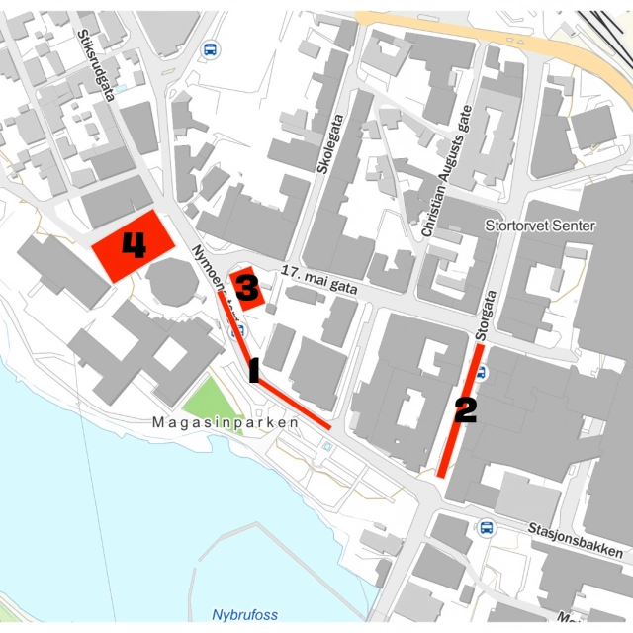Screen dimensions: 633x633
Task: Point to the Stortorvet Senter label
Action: tap(540, 226)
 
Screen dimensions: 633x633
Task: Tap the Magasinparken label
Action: tap(226, 422)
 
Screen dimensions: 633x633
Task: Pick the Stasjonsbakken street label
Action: tap(575, 540)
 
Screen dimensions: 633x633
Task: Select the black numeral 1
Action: tap(253, 371)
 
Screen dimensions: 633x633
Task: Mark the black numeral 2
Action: tap(465, 409)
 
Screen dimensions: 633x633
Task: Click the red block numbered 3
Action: tap(247, 289)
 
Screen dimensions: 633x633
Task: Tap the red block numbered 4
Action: tap(133, 245)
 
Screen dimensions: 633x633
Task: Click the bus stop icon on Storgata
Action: tap(481, 373)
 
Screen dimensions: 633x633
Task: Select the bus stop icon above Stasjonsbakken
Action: tap(487, 527)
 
